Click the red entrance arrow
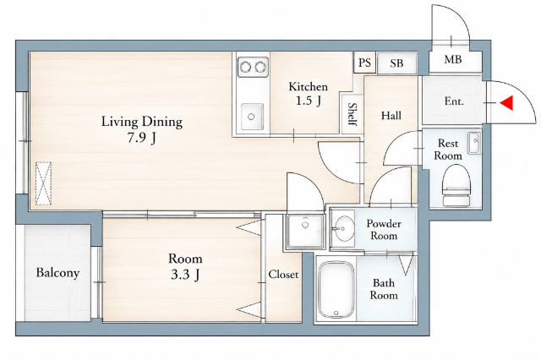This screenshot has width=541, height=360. (507, 103)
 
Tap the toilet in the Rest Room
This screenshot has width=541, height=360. (456, 185)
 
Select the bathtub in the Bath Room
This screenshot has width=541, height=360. (336, 290)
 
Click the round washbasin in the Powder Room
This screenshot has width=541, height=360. (344, 228)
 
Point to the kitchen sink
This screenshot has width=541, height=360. (252, 117)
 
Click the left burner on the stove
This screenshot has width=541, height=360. (246, 67)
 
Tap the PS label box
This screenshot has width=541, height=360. (364, 63)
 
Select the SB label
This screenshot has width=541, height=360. (396, 63)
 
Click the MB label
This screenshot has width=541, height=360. (453, 60)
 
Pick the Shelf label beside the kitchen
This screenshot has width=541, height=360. (352, 114)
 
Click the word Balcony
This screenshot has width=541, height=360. (57, 273)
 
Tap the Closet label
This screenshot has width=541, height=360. (283, 274)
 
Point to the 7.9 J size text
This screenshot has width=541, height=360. (142, 138)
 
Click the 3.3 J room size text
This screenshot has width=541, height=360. (185, 275)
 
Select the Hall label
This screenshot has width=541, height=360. (391, 115)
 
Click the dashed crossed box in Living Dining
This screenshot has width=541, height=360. (43, 183)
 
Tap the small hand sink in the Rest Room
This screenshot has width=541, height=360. (474, 143)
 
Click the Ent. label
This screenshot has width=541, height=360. (454, 101)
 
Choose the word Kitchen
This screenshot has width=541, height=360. (308, 86)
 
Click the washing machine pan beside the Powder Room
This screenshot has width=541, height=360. (305, 231)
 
